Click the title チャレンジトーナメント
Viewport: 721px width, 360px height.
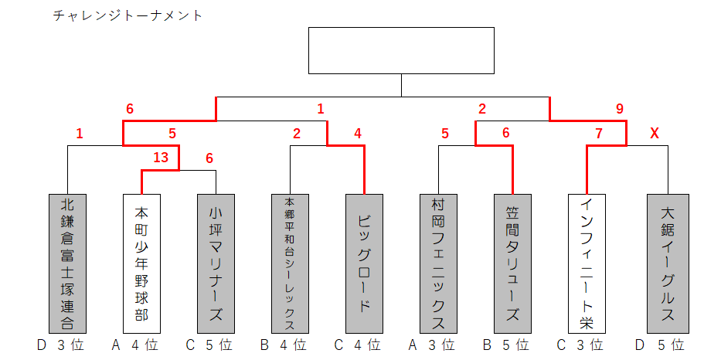coord(128,15)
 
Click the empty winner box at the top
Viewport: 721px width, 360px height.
coord(401,50)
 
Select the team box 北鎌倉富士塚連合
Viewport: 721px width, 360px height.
coord(67,263)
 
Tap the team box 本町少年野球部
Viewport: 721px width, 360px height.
coord(141,263)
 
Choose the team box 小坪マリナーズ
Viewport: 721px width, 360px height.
coord(216,263)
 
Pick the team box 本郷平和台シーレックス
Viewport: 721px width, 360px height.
coord(290,263)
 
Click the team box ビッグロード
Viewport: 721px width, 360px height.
coord(364,263)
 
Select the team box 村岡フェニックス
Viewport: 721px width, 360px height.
coord(438,263)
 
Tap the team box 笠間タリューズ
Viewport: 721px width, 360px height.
coord(512,263)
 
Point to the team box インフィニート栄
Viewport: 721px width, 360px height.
coord(587,263)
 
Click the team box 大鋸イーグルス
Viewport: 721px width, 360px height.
coord(668,263)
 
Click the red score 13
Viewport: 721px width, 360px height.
coord(161,158)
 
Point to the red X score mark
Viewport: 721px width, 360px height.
coord(655,134)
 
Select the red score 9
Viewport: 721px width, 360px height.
coord(619,110)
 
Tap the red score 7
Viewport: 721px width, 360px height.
coord(598,134)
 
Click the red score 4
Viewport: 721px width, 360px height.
coord(358,134)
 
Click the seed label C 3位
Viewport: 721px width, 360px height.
coord(581,345)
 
